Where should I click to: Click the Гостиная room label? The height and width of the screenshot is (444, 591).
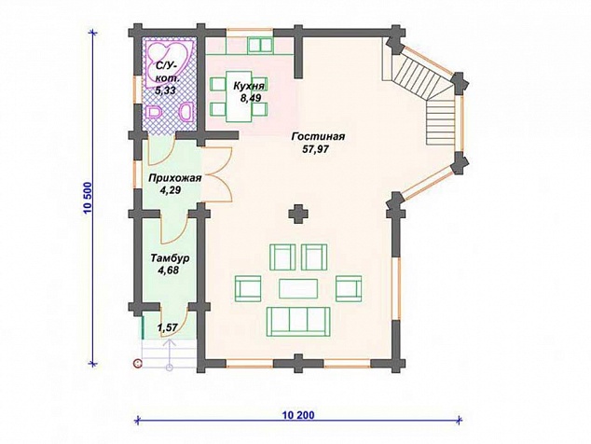coord(318,136)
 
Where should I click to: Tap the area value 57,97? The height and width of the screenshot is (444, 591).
coord(315,149)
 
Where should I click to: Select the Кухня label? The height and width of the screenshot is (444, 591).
coord(248,86)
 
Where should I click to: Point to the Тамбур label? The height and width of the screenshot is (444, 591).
coord(170,258)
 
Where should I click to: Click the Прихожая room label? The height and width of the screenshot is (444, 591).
coord(174,178)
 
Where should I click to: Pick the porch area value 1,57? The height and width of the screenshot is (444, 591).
coord(168,327)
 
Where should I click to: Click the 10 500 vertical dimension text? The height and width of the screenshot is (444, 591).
coord(88,198)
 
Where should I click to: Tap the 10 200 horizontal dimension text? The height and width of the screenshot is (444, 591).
coord(298,415)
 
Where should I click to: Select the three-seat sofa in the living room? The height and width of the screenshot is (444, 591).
coord(298,321)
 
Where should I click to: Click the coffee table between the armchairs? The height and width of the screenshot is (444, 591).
coord(298,288)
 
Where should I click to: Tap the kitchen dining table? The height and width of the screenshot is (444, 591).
coord(239,97)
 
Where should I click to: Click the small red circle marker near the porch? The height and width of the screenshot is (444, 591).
coord(138,363)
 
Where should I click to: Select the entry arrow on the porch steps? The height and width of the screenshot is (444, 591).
coord(170,354)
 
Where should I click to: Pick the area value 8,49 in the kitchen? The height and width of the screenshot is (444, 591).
coord(251,98)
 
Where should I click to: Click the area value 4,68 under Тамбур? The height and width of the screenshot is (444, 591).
coord(169,271)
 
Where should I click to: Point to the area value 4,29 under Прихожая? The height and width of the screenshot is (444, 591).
coord(170,190)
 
